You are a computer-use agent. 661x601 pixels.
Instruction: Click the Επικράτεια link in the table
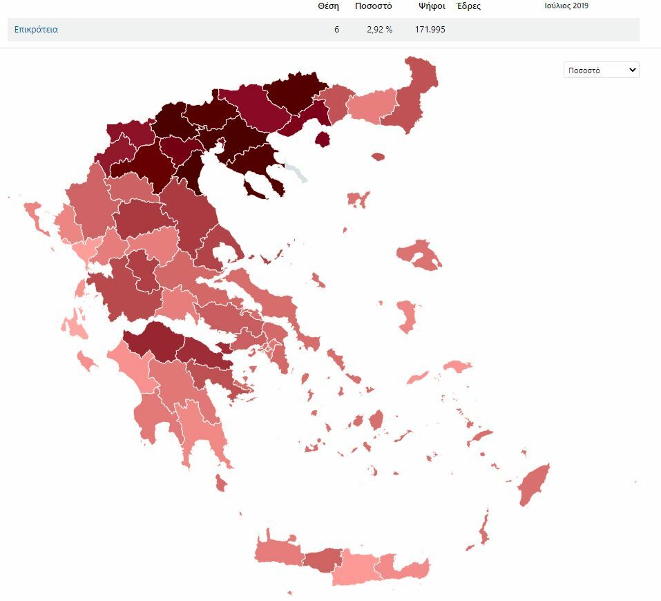(x=36, y=30)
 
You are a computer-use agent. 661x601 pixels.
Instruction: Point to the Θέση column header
(x=328, y=6)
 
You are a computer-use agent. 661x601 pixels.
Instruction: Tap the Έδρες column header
(x=468, y=6)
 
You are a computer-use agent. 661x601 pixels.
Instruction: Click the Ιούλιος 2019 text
(x=566, y=6)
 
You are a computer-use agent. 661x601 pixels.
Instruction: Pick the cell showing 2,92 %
(x=379, y=30)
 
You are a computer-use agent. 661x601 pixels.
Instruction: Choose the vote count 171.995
(x=430, y=30)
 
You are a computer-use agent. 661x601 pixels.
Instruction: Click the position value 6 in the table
(x=336, y=30)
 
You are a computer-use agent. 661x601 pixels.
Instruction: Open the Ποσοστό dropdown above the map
(x=601, y=70)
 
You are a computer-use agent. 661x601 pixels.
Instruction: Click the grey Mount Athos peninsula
(x=298, y=171)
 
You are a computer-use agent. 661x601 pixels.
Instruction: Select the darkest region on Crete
(x=323, y=560)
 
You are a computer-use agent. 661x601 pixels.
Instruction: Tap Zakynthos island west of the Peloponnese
(x=87, y=360)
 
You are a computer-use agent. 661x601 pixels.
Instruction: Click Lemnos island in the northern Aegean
(x=357, y=200)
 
